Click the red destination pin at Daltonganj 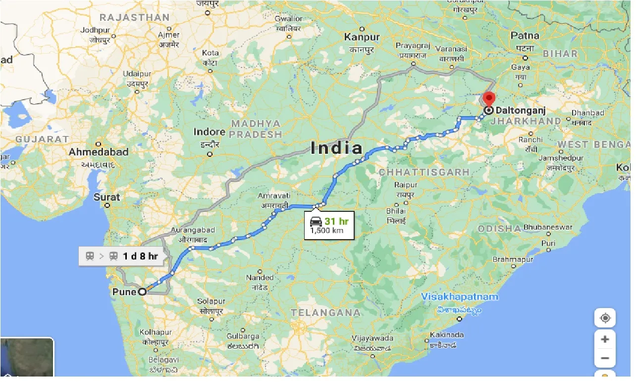point(489,98)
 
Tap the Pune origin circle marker point(143,292)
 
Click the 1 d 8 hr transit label point(140,256)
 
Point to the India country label point(336,148)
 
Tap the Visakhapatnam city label point(460,297)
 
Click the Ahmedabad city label point(98,152)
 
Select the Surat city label point(107,197)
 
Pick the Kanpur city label point(362,37)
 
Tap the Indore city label point(209,132)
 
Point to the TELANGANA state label point(325,313)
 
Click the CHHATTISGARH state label point(424,172)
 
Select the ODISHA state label point(499,228)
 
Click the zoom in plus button point(605,339)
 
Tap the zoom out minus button point(605,358)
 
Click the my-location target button point(605,318)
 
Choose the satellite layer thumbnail point(27,357)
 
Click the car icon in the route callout point(315,221)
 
